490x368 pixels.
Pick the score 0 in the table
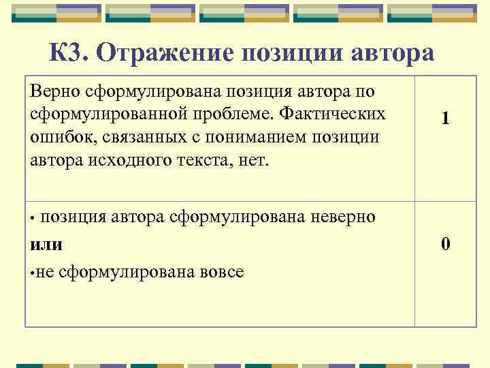point(445,244)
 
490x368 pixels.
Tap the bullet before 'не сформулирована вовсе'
point(33,273)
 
